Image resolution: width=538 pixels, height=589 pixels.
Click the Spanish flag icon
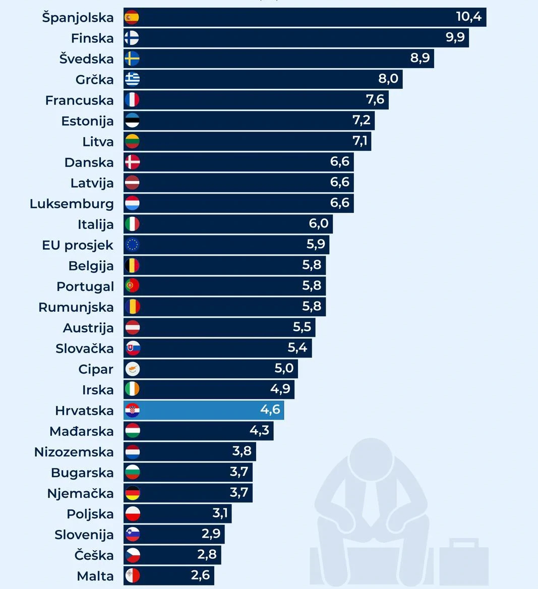(x=132, y=18)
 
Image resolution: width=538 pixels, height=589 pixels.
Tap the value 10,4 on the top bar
(x=468, y=17)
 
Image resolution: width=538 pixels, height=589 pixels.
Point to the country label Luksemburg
(x=72, y=204)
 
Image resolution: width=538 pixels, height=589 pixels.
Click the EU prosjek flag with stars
(x=132, y=245)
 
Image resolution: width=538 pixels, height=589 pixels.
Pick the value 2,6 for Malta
(x=200, y=575)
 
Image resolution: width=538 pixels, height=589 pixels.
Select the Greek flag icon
(x=132, y=79)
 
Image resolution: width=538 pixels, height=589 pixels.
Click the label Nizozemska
(x=74, y=452)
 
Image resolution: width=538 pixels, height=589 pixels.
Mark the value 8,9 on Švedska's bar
(x=420, y=58)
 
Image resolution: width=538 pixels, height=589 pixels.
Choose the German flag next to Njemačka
(x=132, y=493)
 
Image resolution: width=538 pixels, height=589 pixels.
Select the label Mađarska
(x=81, y=431)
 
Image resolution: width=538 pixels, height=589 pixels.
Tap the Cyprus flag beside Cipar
(x=132, y=369)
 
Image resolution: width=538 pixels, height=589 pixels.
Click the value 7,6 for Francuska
(x=375, y=99)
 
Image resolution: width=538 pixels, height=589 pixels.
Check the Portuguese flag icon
(x=132, y=286)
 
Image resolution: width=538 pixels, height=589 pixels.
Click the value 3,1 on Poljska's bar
(x=220, y=513)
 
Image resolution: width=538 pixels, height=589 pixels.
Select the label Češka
(x=94, y=555)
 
